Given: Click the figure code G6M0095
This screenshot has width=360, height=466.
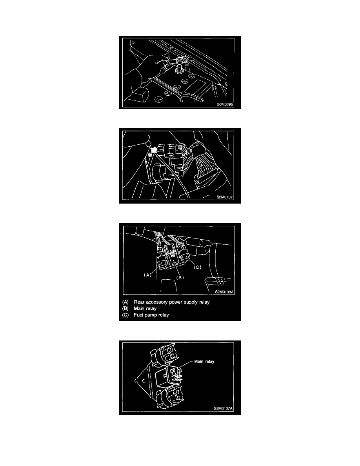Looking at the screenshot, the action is [x=225, y=104].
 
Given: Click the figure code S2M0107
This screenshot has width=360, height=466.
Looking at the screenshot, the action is [x=225, y=197].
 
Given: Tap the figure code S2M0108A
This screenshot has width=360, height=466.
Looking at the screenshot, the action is [x=225, y=292].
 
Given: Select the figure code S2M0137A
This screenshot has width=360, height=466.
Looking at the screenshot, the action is [x=224, y=408].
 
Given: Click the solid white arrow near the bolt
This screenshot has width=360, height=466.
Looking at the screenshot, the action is [x=153, y=149].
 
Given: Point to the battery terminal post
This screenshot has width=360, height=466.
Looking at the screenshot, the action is [x=179, y=69].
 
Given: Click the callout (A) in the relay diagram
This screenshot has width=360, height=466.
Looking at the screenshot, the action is [x=147, y=275].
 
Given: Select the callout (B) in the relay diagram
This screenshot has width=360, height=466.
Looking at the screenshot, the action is [x=180, y=278].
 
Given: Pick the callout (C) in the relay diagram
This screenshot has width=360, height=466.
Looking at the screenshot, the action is [x=198, y=267].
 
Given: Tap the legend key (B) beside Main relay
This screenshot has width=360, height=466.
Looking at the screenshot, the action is [x=125, y=308].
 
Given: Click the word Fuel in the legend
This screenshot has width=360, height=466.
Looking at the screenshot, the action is [x=138, y=315].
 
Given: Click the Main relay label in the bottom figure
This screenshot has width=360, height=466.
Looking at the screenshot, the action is [x=204, y=361].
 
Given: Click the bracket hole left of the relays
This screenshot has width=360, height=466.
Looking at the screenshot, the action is [x=143, y=381].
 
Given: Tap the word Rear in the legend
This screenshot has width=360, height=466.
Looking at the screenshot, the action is [x=139, y=302].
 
